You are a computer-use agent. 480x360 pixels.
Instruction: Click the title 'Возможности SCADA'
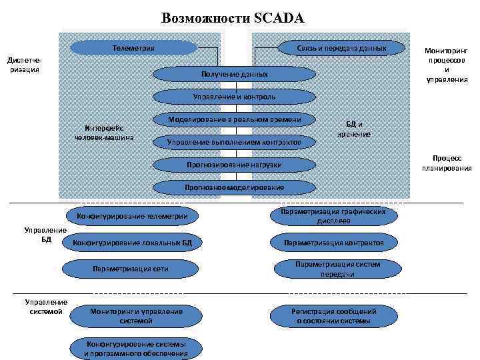coord(233,18)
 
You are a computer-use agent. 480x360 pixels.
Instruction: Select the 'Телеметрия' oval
coord(133,48)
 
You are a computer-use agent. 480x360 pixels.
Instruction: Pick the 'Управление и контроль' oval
coord(233,97)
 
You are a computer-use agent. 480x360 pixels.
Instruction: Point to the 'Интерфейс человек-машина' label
coord(105,133)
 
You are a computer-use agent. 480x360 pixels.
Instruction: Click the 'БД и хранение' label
coord(353,129)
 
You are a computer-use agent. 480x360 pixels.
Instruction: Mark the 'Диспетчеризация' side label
coord(25,65)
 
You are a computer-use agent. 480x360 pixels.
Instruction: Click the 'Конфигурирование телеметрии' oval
coord(132,216)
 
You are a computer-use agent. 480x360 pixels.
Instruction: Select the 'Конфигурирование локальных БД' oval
coord(132,243)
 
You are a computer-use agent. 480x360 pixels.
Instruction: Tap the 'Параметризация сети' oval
coord(131,269)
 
